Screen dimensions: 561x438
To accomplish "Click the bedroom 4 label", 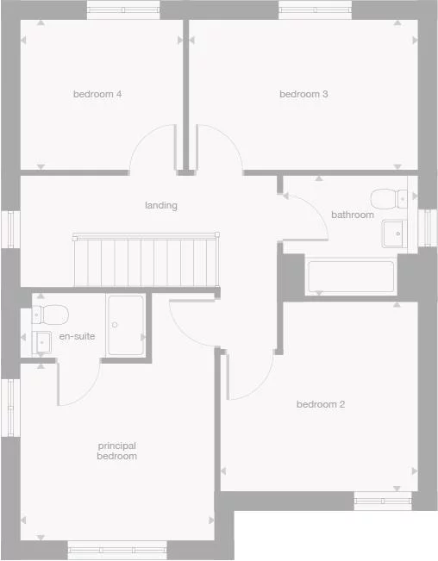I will (x=97, y=94).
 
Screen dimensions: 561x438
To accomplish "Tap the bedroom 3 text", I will (x=303, y=94).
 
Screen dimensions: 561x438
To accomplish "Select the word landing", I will (x=161, y=205).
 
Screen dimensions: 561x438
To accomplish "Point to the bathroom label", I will (x=353, y=215).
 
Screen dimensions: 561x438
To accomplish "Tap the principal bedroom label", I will (x=116, y=451).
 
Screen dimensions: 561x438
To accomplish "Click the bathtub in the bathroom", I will (x=351, y=277).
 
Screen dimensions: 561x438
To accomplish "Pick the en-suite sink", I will (x=43, y=341).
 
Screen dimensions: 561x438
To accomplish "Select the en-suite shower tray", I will (x=126, y=325).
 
